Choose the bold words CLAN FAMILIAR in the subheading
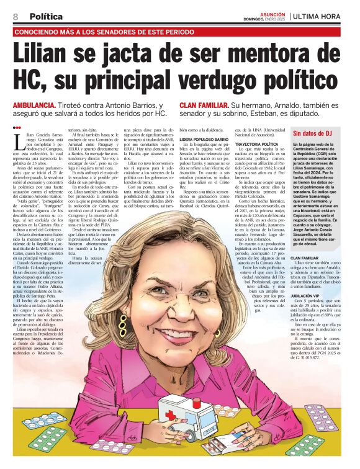point(205,105)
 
